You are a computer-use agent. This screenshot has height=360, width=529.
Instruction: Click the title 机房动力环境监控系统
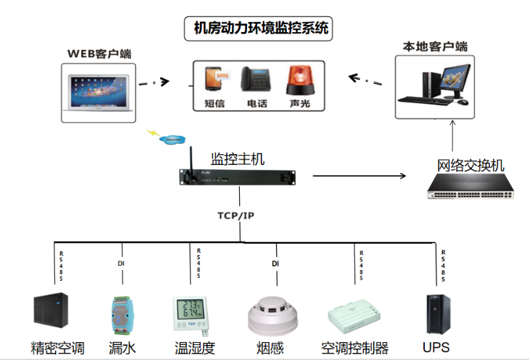point(261,29)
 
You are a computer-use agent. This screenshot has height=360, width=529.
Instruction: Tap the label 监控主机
point(235,158)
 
